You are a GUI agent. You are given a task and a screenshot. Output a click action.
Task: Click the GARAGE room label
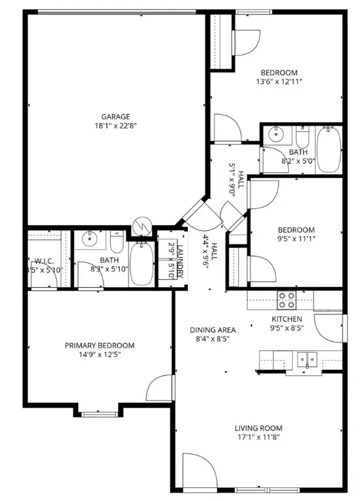pyautogui.click(x=115, y=117)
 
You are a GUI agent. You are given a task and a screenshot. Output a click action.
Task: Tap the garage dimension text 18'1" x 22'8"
pyautogui.click(x=115, y=126)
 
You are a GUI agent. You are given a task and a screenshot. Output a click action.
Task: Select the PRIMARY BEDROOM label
pyautogui.click(x=99, y=345)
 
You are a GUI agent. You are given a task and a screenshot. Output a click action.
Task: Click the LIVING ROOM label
pyautogui.click(x=258, y=428)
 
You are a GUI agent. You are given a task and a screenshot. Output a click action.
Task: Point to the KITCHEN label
pyautogui.click(x=287, y=319)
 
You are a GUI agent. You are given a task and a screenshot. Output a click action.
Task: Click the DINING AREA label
pyautogui.click(x=213, y=329)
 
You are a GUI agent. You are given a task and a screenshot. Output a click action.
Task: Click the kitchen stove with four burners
pyautogui.click(x=286, y=299)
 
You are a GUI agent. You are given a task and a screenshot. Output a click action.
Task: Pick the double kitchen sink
pyautogui.click(x=306, y=359)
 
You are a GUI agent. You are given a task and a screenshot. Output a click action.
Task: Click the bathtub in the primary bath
pyautogui.click(x=140, y=265)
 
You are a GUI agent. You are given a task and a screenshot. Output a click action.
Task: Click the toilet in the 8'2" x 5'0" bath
pyautogui.click(x=302, y=139)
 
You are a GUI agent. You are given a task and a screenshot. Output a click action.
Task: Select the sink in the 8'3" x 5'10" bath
pyautogui.click(x=91, y=240)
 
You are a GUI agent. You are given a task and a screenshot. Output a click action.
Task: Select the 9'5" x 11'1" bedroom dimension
pyautogui.click(x=296, y=239)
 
